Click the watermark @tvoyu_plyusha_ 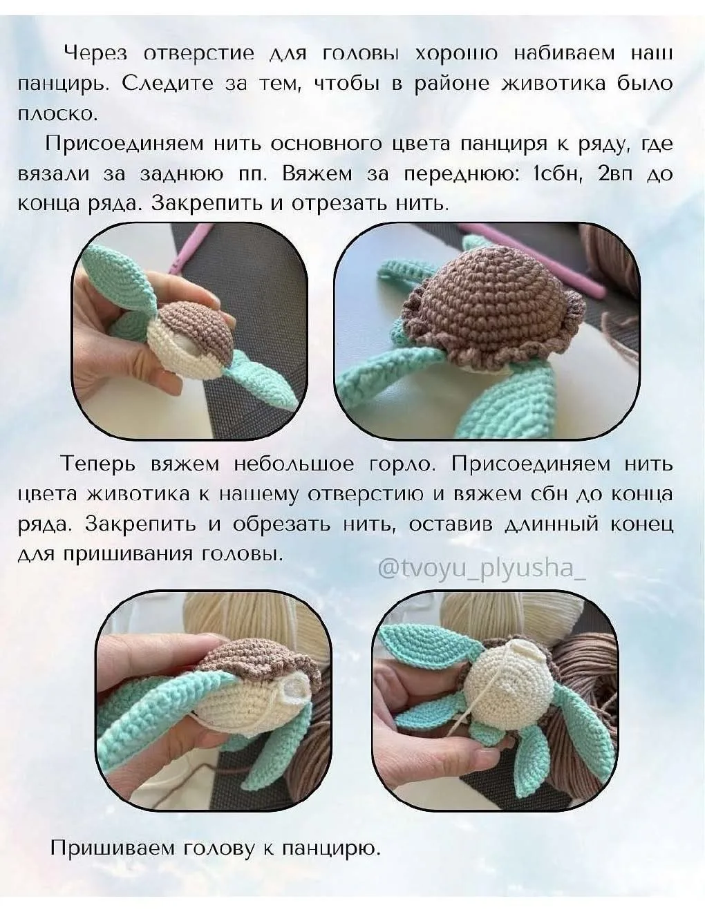click(482, 571)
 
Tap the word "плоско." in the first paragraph click(57, 114)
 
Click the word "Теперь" click(99, 465)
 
